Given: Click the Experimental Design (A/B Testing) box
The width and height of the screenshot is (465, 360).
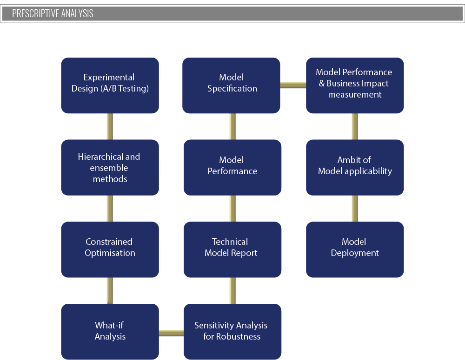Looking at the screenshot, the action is tap(110, 85).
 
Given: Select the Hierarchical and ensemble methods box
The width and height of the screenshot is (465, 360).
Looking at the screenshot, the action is tap(110, 167).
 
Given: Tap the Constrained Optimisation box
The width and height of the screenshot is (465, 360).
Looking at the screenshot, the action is tap(110, 249).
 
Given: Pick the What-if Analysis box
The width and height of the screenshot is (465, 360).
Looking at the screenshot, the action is tap(110, 332).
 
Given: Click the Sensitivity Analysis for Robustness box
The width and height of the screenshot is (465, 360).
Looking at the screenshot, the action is tap(232, 332).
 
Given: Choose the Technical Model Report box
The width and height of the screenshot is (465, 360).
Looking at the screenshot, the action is tap(232, 249).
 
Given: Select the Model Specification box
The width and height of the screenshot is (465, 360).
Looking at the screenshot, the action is tap(231, 85).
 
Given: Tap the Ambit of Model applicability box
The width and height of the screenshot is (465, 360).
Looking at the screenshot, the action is tap(355, 167).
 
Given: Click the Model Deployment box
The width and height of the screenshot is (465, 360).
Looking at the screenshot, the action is tap(355, 249).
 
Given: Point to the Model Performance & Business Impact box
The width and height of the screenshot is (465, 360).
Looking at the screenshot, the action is tap(355, 85).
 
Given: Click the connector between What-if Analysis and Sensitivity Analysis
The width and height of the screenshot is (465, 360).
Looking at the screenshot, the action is tap(172, 333).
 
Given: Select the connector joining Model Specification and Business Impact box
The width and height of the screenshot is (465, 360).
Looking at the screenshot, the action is tap(293, 85).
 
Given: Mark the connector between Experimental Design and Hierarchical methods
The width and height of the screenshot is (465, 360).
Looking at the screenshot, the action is tap(110, 126).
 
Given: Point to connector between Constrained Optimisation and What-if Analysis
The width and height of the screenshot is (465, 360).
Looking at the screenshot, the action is tap(110, 291).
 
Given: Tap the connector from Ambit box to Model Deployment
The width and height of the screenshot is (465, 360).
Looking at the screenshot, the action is tap(355, 209).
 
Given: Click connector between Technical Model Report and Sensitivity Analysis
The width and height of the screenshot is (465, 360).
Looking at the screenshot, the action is tap(233, 291).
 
